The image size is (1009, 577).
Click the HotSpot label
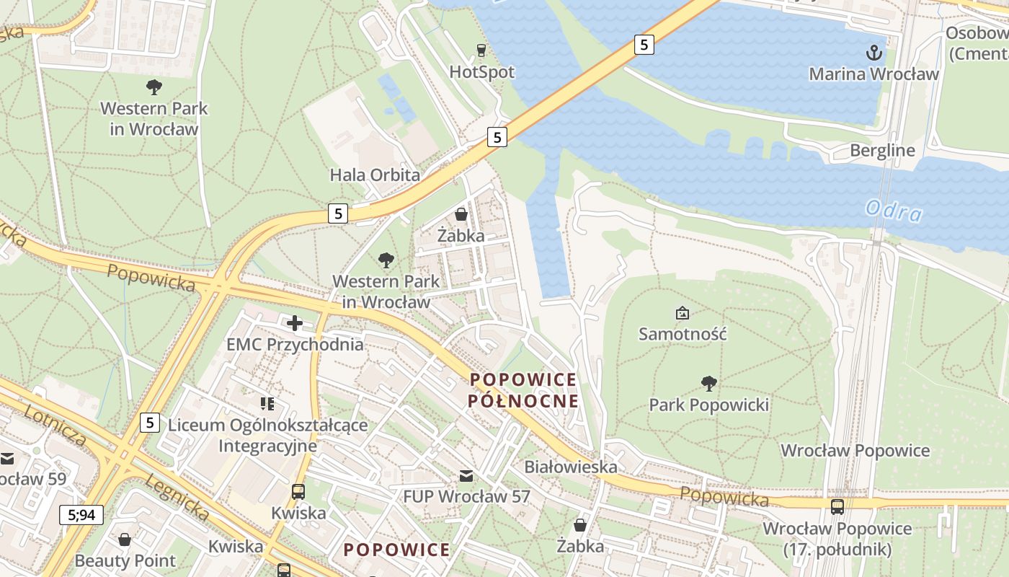tap(481, 72)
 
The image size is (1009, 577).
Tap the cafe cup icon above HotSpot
tap(481, 50)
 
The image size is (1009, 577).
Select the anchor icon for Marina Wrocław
tap(874, 52)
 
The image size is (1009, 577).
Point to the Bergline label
tap(882, 151)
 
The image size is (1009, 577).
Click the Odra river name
tap(894, 211)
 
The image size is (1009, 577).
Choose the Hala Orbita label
tap(375, 175)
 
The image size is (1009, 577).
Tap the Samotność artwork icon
tap(682, 313)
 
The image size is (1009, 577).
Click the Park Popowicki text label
tap(708, 405)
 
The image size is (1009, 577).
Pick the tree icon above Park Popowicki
tap(708, 383)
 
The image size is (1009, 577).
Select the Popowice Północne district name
tap(523, 390)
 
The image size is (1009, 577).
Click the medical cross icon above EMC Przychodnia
tap(295, 322)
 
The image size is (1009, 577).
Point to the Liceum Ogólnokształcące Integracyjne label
tap(267, 436)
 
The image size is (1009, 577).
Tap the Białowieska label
tap(571, 467)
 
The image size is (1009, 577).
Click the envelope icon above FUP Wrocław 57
tap(466, 475)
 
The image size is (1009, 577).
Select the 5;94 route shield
tap(81, 515)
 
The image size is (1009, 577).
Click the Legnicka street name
tap(177, 497)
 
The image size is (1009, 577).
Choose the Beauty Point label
tap(125, 560)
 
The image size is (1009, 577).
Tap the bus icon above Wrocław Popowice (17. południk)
tap(837, 507)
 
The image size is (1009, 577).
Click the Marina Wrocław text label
tap(874, 74)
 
